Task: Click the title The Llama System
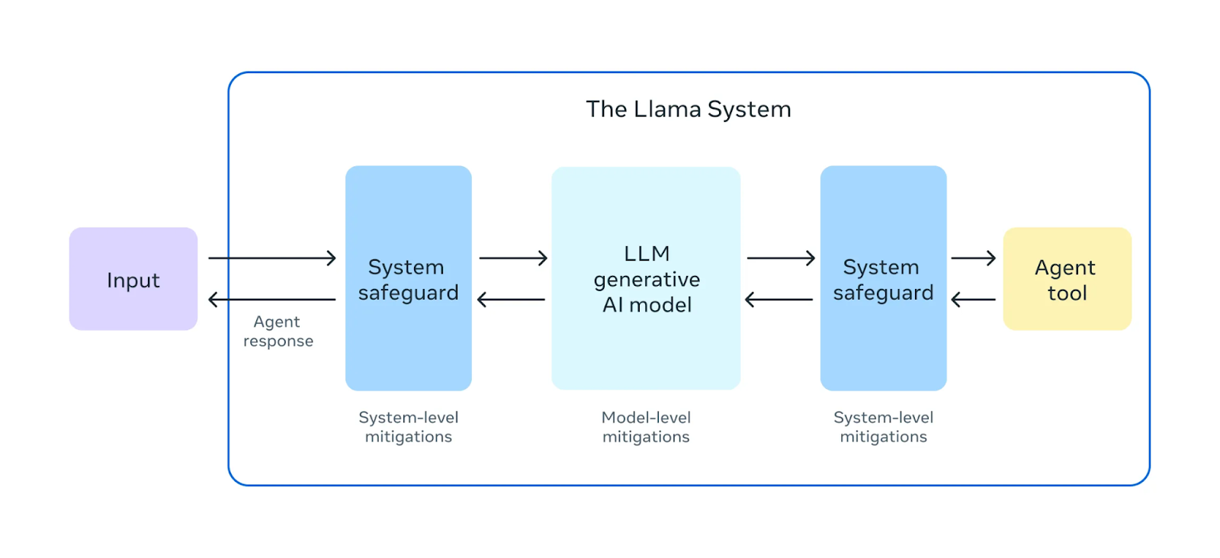[x=688, y=110]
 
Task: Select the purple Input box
[x=133, y=279]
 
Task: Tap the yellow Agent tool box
[x=1067, y=279]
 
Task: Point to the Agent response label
[x=278, y=332]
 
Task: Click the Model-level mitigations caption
[x=646, y=427]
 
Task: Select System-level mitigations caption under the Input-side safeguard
[x=409, y=427]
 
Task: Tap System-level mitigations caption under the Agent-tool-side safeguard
[x=883, y=427]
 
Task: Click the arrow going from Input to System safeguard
[x=272, y=258]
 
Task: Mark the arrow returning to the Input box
[x=272, y=300]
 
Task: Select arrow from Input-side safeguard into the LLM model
[x=513, y=258]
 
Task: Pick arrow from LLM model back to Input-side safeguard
[x=511, y=300]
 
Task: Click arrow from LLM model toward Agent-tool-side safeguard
[x=781, y=258]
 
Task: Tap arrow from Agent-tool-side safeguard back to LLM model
[x=779, y=300]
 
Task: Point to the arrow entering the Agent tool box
[x=973, y=258]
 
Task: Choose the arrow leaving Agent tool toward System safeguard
[x=973, y=300]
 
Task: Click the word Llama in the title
[x=668, y=110]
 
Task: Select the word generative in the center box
[x=647, y=280]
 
